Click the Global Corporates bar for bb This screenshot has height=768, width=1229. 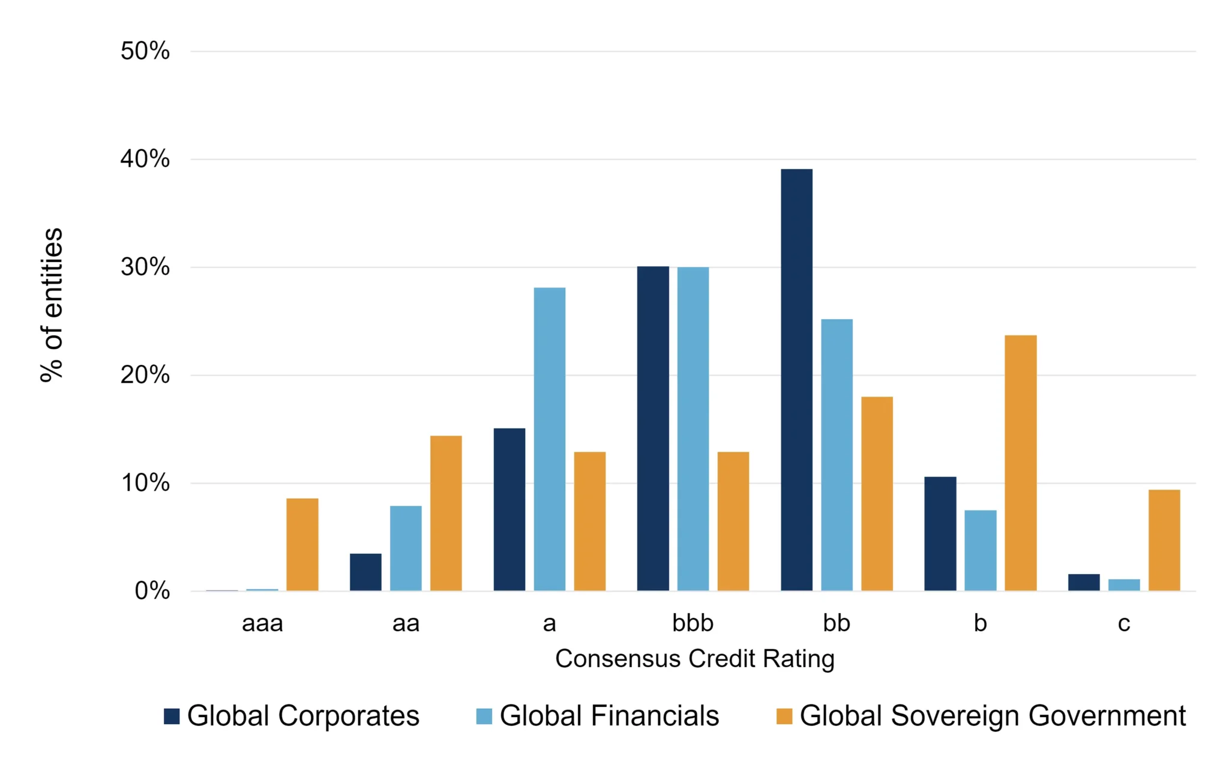796,380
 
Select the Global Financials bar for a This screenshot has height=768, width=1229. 550,439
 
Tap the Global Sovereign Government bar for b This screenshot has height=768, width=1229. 1020,463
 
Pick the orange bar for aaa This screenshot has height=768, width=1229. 302,545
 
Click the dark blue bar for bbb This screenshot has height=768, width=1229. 653,428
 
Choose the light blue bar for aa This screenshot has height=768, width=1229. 406,548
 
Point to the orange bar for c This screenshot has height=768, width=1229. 1164,541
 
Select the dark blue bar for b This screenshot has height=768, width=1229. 940,534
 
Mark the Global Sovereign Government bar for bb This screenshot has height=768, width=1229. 877,494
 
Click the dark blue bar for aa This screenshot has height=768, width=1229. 365,572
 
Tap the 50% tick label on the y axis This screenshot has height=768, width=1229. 145,51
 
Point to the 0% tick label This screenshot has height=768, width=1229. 152,591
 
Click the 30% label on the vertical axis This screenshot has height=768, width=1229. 145,267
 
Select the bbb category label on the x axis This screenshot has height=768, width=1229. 693,623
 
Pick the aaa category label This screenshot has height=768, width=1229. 262,623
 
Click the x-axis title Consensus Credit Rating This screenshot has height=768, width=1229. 695,659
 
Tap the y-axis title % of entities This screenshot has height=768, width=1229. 52,305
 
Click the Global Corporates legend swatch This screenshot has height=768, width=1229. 172,716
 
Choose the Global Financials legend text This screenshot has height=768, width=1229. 610,716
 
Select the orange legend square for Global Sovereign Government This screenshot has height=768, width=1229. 784,716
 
